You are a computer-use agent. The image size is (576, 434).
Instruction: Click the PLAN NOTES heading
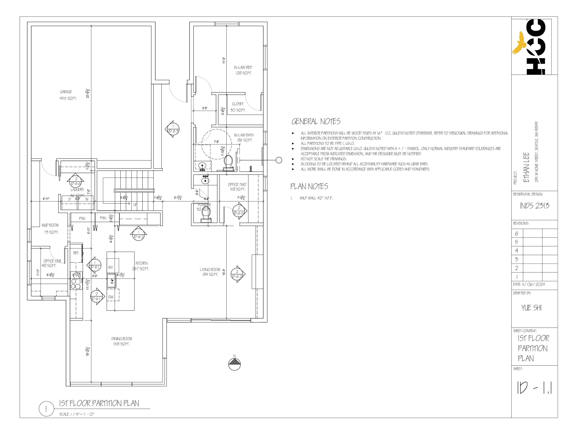[309, 186]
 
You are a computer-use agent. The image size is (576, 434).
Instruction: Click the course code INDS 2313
[534, 206]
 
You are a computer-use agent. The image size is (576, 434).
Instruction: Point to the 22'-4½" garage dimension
[88, 93]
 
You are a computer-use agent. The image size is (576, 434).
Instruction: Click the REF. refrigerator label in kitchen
[76, 253]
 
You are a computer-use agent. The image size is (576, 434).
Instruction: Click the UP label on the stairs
[135, 205]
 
